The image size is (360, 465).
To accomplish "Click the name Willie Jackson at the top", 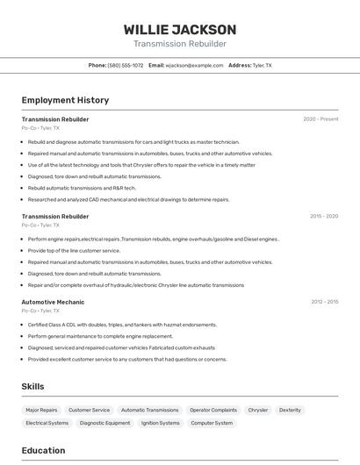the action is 179,30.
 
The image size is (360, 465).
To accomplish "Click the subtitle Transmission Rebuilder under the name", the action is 179,44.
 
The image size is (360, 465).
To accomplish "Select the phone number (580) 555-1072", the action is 126,65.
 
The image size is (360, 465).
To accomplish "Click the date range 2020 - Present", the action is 320,119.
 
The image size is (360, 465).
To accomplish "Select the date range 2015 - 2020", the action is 323,216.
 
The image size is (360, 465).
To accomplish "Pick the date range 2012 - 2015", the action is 324,302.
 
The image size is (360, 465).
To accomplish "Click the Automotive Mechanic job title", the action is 53,302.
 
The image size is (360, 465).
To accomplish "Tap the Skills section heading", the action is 32,386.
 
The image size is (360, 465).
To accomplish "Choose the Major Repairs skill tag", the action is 41,410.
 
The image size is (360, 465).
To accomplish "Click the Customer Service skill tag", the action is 89,410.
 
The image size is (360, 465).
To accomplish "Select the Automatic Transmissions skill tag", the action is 149,410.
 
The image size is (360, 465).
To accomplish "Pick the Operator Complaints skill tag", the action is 213,410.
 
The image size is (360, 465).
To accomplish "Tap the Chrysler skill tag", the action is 257,410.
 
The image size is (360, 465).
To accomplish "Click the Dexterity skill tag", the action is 290,410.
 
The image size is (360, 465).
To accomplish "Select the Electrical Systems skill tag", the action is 47,423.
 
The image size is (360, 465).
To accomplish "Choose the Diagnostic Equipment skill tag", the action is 104,423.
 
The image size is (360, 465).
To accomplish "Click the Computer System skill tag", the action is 212,423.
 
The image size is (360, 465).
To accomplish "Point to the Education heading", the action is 43,450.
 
